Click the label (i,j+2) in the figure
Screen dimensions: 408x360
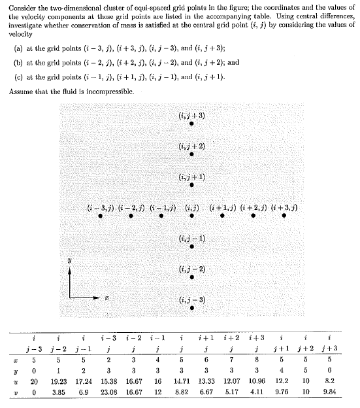[189, 145]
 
